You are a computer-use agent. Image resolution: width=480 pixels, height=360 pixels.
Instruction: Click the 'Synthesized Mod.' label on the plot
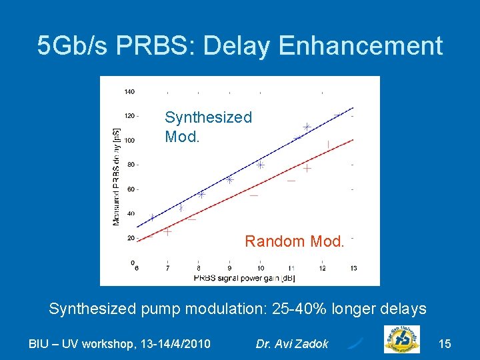click(x=208, y=127)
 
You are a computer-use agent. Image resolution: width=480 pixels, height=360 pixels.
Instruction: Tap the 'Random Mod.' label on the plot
click(x=294, y=241)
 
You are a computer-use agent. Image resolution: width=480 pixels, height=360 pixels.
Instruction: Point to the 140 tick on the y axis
click(x=129, y=91)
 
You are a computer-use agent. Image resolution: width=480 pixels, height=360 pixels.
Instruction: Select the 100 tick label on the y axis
click(x=129, y=140)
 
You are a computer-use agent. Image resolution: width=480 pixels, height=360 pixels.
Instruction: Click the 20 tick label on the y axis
click(x=131, y=238)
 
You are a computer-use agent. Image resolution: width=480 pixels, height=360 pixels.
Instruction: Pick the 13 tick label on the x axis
click(x=353, y=269)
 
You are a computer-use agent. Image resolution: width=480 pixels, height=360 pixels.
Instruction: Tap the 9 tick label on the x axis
click(x=229, y=269)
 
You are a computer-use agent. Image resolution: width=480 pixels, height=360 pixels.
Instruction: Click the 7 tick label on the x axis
click(x=167, y=269)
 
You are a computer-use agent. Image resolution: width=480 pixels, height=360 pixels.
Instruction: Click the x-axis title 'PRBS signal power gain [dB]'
click(x=245, y=277)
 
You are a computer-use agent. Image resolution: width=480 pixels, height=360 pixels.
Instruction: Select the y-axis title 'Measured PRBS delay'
click(x=117, y=176)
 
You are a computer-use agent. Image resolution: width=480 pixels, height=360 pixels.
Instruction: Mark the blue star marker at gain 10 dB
click(x=260, y=165)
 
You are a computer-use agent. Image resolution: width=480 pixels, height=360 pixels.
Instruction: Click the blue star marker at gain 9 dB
click(x=229, y=179)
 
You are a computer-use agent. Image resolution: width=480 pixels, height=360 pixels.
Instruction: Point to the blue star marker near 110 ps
click(x=307, y=127)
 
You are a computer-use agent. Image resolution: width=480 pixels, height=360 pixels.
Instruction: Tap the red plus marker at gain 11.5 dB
click(x=307, y=169)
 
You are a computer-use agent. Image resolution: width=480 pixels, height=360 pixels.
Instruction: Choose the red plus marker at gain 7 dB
click(x=167, y=231)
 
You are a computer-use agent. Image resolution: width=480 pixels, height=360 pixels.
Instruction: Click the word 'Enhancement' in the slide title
click(x=361, y=46)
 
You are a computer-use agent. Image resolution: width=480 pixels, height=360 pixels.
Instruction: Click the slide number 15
click(x=445, y=343)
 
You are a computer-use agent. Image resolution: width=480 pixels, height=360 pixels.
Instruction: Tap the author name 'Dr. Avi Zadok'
click(x=292, y=343)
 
